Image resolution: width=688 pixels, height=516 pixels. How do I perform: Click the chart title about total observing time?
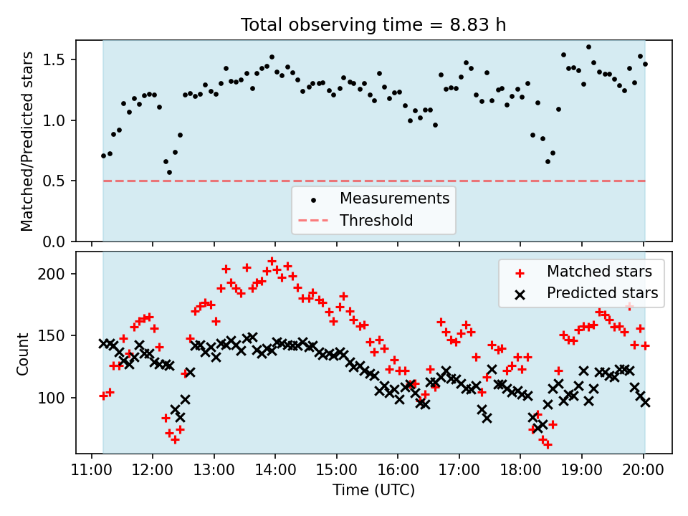373,24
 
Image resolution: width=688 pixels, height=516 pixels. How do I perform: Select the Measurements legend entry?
394,198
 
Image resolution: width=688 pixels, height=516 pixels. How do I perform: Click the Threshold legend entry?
376,220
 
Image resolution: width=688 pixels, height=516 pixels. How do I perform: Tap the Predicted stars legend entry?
602,292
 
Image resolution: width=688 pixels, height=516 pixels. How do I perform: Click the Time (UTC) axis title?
373,490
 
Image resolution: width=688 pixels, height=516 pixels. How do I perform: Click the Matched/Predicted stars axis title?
27,141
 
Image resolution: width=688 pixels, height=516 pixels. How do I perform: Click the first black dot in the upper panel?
103,156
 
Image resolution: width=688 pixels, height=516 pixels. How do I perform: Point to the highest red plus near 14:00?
272,261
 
